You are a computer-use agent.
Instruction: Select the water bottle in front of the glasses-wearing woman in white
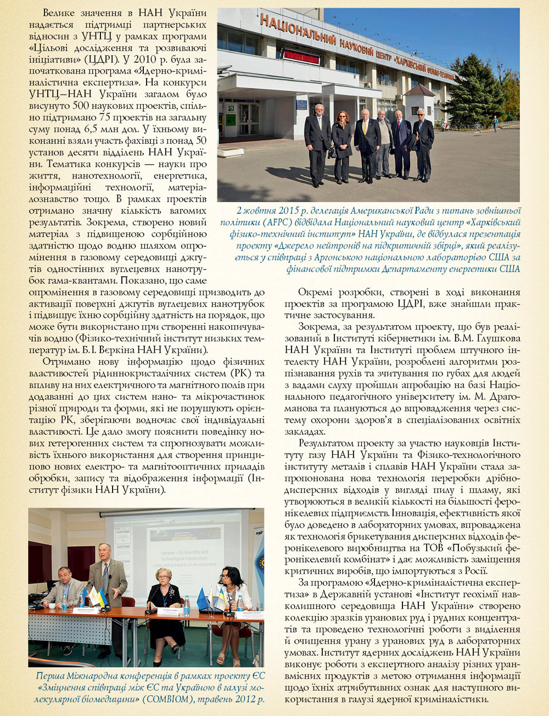pyautogui.click(x=240, y=603)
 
